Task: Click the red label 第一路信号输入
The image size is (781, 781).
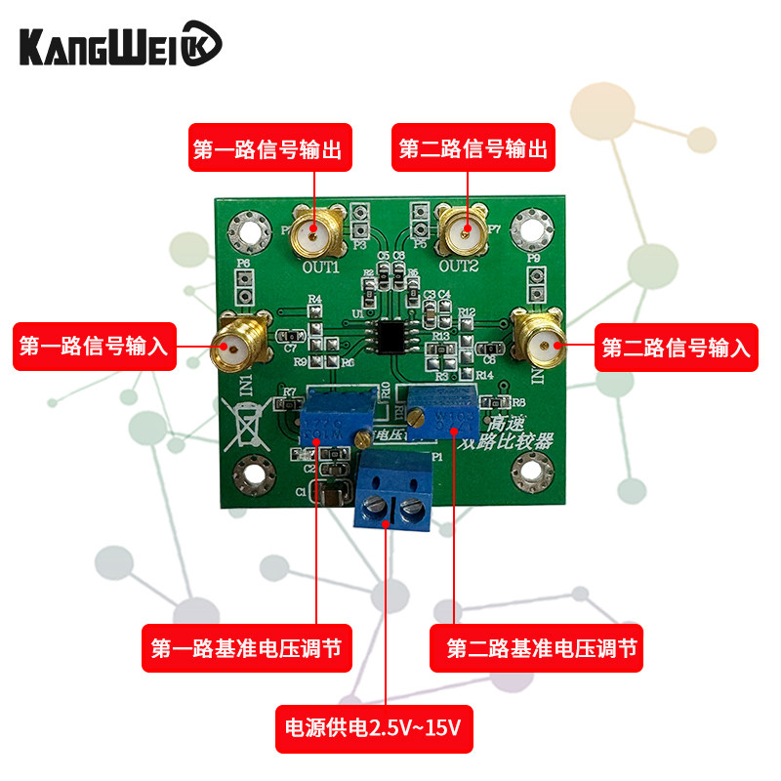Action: (x=94, y=347)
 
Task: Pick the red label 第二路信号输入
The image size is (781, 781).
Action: (x=677, y=347)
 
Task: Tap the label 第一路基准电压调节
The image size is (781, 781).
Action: (x=248, y=648)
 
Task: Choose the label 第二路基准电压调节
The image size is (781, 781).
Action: (x=537, y=648)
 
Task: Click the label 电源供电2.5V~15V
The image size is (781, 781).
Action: (x=375, y=728)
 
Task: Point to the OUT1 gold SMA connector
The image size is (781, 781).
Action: (x=316, y=234)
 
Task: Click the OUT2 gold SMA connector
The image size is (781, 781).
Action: (x=465, y=231)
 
